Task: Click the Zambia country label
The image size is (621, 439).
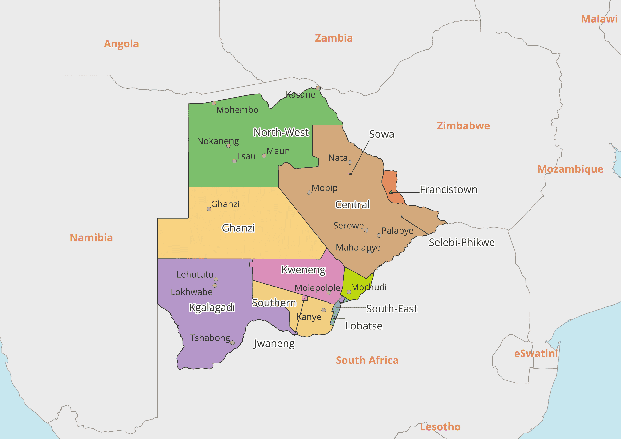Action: point(334,38)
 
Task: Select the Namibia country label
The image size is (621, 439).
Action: point(91,238)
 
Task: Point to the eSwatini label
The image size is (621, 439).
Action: point(536,354)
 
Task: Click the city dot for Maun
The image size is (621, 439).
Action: point(264,156)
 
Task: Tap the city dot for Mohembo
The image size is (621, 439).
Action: point(214,103)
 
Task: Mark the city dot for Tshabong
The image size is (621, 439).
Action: point(232,342)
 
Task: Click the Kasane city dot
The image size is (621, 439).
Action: point(318,88)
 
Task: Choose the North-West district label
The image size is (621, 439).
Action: point(281,132)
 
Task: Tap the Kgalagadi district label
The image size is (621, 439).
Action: point(212,307)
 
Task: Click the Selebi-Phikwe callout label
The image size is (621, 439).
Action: point(461,243)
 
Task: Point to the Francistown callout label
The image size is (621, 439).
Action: point(448,190)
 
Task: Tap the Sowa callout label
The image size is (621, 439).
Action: point(381,134)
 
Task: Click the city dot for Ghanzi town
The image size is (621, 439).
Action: point(209,209)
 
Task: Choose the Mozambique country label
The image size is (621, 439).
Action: point(570,169)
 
